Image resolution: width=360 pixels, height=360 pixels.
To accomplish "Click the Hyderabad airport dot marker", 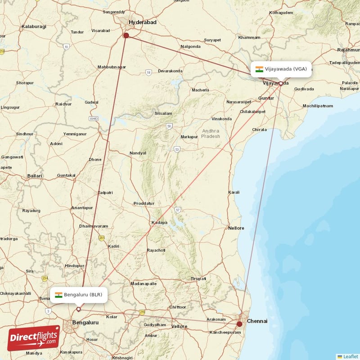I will [x=126, y=36].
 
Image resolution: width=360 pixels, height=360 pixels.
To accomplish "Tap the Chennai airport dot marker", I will [x=239, y=324].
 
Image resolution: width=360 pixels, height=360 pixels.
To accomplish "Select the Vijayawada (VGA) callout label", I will [x=281, y=69].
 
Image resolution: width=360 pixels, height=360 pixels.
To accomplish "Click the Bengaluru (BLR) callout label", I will [x=79, y=295].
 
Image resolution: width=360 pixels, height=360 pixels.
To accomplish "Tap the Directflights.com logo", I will [x=33, y=338].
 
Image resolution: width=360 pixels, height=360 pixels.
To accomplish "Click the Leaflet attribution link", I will [x=348, y=356].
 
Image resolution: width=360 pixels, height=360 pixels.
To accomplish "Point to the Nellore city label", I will [x=236, y=228].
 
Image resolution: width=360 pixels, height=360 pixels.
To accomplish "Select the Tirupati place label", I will [x=198, y=279].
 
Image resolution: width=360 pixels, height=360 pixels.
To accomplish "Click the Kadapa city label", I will [x=159, y=222].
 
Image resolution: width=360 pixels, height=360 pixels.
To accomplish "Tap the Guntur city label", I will [x=266, y=98].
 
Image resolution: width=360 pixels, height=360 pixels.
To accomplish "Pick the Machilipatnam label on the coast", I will [x=318, y=106].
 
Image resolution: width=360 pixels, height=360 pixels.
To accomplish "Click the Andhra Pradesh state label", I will [x=211, y=133].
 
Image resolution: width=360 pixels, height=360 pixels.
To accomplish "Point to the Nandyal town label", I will [x=138, y=153].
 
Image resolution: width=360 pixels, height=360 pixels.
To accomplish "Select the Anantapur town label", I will [x=82, y=208].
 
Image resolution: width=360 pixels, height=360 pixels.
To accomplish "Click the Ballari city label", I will [x=35, y=175].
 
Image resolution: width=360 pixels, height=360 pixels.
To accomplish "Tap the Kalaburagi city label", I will [x=34, y=27].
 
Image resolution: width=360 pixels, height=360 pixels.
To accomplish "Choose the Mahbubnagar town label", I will [x=112, y=67].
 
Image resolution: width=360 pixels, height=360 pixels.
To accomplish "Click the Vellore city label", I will [x=180, y=326].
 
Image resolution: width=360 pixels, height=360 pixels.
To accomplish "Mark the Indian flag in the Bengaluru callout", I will [x=58, y=295].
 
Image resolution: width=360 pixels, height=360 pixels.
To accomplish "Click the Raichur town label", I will [x=63, y=104].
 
